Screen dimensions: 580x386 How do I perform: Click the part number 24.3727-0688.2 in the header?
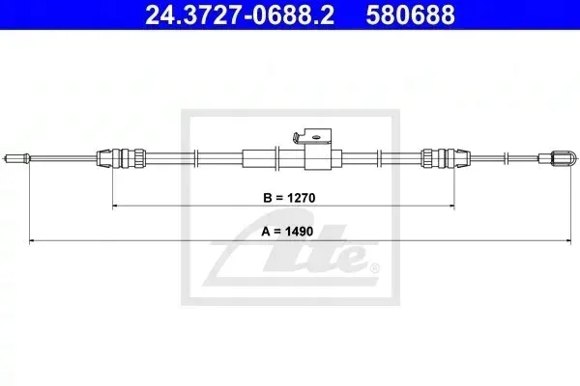pos(240,14)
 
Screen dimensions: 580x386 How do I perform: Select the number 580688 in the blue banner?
pos(410,14)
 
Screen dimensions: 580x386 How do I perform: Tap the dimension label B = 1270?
pos(289,198)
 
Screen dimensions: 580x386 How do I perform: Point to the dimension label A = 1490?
pos(287,232)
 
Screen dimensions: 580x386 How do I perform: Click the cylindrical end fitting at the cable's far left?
pos(16,159)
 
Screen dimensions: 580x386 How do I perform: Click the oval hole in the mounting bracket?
pos(316,137)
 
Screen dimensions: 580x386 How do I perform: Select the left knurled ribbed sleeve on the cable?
pos(139,158)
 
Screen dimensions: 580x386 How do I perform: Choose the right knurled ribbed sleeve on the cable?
pos(427,158)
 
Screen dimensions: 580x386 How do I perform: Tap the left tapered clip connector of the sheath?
pos(104,158)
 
